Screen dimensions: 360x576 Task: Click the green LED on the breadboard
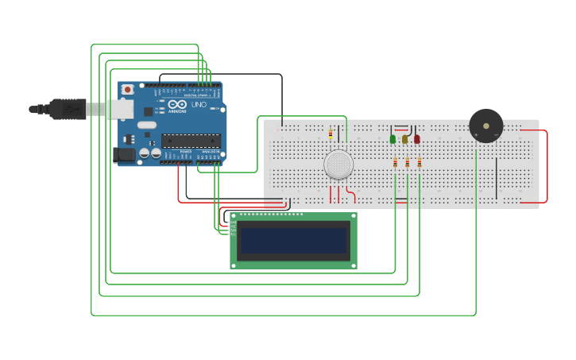click(392, 139)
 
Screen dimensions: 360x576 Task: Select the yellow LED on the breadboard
click(404, 139)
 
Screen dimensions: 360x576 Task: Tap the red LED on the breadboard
click(416, 139)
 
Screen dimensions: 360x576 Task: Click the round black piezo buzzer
click(485, 126)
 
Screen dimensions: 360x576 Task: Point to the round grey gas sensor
click(338, 164)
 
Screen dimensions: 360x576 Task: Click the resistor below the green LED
click(395, 162)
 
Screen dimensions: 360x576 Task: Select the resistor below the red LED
click(419, 162)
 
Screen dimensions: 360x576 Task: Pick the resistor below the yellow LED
click(408, 162)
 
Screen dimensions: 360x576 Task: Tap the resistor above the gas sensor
click(331, 134)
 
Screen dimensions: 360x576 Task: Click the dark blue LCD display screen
click(293, 241)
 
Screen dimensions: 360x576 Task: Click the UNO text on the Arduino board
click(199, 105)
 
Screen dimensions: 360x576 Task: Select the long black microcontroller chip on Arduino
click(191, 141)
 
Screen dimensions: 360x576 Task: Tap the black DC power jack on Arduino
click(124, 155)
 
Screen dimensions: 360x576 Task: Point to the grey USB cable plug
click(68, 109)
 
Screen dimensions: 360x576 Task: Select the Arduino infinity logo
click(176, 104)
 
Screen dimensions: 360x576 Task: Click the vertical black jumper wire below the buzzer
click(497, 178)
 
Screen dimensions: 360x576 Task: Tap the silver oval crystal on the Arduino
click(147, 125)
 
